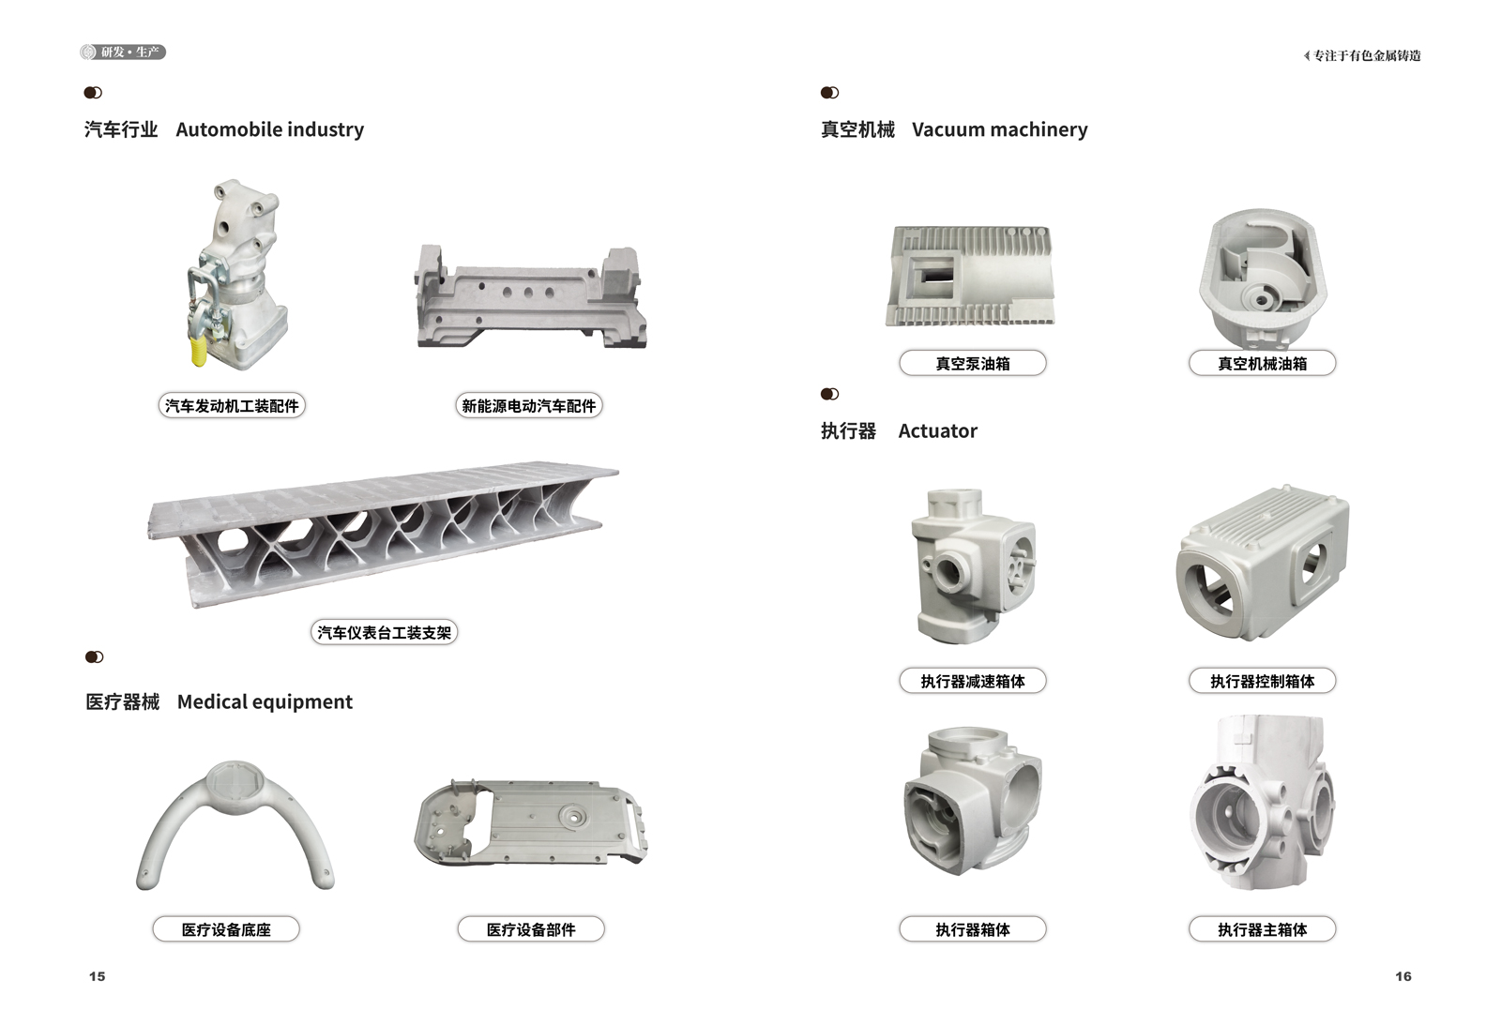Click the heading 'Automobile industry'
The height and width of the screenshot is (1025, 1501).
click(269, 129)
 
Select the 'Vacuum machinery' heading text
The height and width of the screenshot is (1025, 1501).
click(999, 129)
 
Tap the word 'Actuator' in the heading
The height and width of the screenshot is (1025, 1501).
click(937, 430)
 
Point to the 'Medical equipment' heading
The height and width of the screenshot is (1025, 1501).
click(265, 702)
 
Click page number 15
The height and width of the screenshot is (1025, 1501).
click(98, 976)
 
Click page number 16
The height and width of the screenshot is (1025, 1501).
click(1403, 976)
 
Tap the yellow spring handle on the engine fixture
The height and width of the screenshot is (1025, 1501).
click(200, 351)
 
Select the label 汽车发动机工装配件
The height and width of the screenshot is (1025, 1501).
click(232, 406)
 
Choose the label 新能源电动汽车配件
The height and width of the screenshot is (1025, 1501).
click(529, 406)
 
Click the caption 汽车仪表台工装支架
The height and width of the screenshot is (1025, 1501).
click(384, 632)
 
